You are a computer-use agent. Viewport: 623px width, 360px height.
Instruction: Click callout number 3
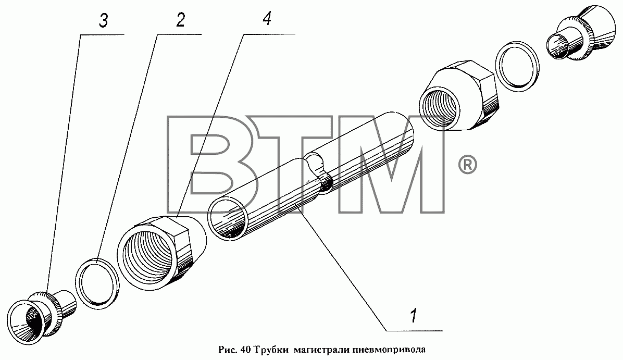pyautogui.click(x=103, y=21)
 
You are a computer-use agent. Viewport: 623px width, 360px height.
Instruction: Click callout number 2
pyautogui.click(x=180, y=20)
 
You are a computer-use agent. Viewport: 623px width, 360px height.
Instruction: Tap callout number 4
pyautogui.click(x=267, y=18)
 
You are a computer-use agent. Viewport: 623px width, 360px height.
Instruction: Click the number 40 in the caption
pyautogui.click(x=245, y=350)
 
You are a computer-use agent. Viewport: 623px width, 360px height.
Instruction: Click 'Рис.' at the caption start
pyautogui.click(x=228, y=350)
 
